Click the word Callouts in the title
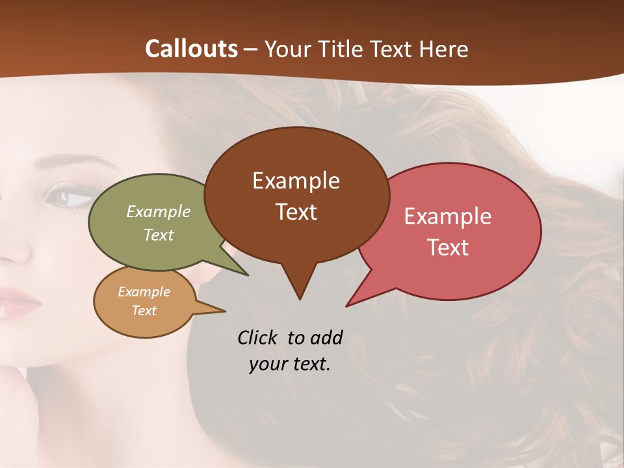(x=191, y=49)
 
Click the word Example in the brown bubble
(x=296, y=181)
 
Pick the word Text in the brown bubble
(x=296, y=212)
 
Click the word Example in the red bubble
(x=448, y=216)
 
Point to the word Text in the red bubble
(x=448, y=248)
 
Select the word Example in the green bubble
(x=159, y=211)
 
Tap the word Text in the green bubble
(x=159, y=235)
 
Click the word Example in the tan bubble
(x=144, y=292)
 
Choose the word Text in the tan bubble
(x=144, y=311)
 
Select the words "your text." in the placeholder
(x=290, y=364)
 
